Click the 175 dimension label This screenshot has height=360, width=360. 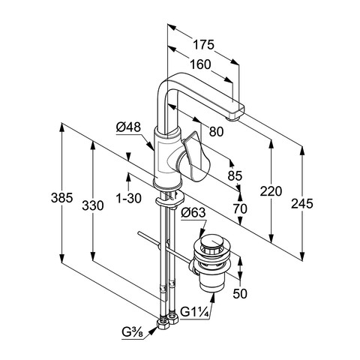(x=203, y=45)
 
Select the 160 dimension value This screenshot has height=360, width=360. (x=200, y=64)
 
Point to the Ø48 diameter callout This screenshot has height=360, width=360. (x=128, y=127)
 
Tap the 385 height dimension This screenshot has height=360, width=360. (x=62, y=198)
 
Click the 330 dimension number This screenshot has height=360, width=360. (x=93, y=205)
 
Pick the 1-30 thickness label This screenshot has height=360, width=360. (x=129, y=198)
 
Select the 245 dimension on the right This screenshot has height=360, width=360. (x=302, y=203)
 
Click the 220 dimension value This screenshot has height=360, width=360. (x=271, y=191)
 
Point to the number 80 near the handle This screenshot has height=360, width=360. (x=216, y=131)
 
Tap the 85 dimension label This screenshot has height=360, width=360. (x=235, y=175)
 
